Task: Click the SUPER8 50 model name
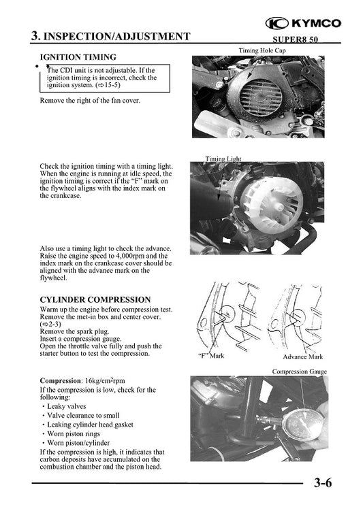[x=298, y=38]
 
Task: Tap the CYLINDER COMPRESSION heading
[x=95, y=299]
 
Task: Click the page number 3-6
[x=323, y=484]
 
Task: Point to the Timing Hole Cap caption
[x=265, y=51]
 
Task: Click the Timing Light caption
[x=223, y=159]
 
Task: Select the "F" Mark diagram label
[x=210, y=356]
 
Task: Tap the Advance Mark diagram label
[x=302, y=356]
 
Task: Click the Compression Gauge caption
[x=299, y=371]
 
